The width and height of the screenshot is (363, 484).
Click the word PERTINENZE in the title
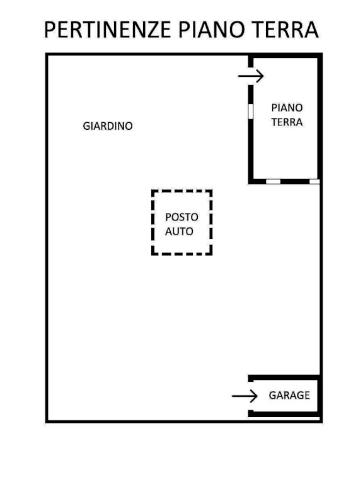pos(108,30)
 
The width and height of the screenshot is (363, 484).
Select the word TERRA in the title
pos(285,30)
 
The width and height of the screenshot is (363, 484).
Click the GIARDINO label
pos(108,126)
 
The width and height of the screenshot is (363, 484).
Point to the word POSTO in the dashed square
pos(181,217)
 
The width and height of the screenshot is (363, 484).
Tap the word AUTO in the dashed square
pos(179,231)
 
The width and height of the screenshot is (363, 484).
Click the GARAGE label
pos(289,395)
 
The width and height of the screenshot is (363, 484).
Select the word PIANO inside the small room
pos(287,108)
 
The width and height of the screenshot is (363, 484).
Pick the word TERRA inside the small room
pos(287,122)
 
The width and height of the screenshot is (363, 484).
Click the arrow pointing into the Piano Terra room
pos(251,76)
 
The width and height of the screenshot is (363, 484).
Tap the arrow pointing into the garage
pos(245,396)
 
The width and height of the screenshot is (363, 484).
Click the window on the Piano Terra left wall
pos(251,110)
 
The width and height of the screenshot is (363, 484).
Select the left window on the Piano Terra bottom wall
pos(273,181)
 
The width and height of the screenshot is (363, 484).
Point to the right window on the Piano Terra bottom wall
pos(314,181)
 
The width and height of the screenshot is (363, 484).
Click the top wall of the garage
pos(284,377)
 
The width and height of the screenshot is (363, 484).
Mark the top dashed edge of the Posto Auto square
pos(181,191)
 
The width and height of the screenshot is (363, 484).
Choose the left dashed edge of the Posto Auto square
pos(153,222)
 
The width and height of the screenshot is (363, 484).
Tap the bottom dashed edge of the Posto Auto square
pos(181,254)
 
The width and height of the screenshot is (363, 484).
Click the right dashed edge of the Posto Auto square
pos(211,222)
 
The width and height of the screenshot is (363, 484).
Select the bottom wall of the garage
pos(284,414)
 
